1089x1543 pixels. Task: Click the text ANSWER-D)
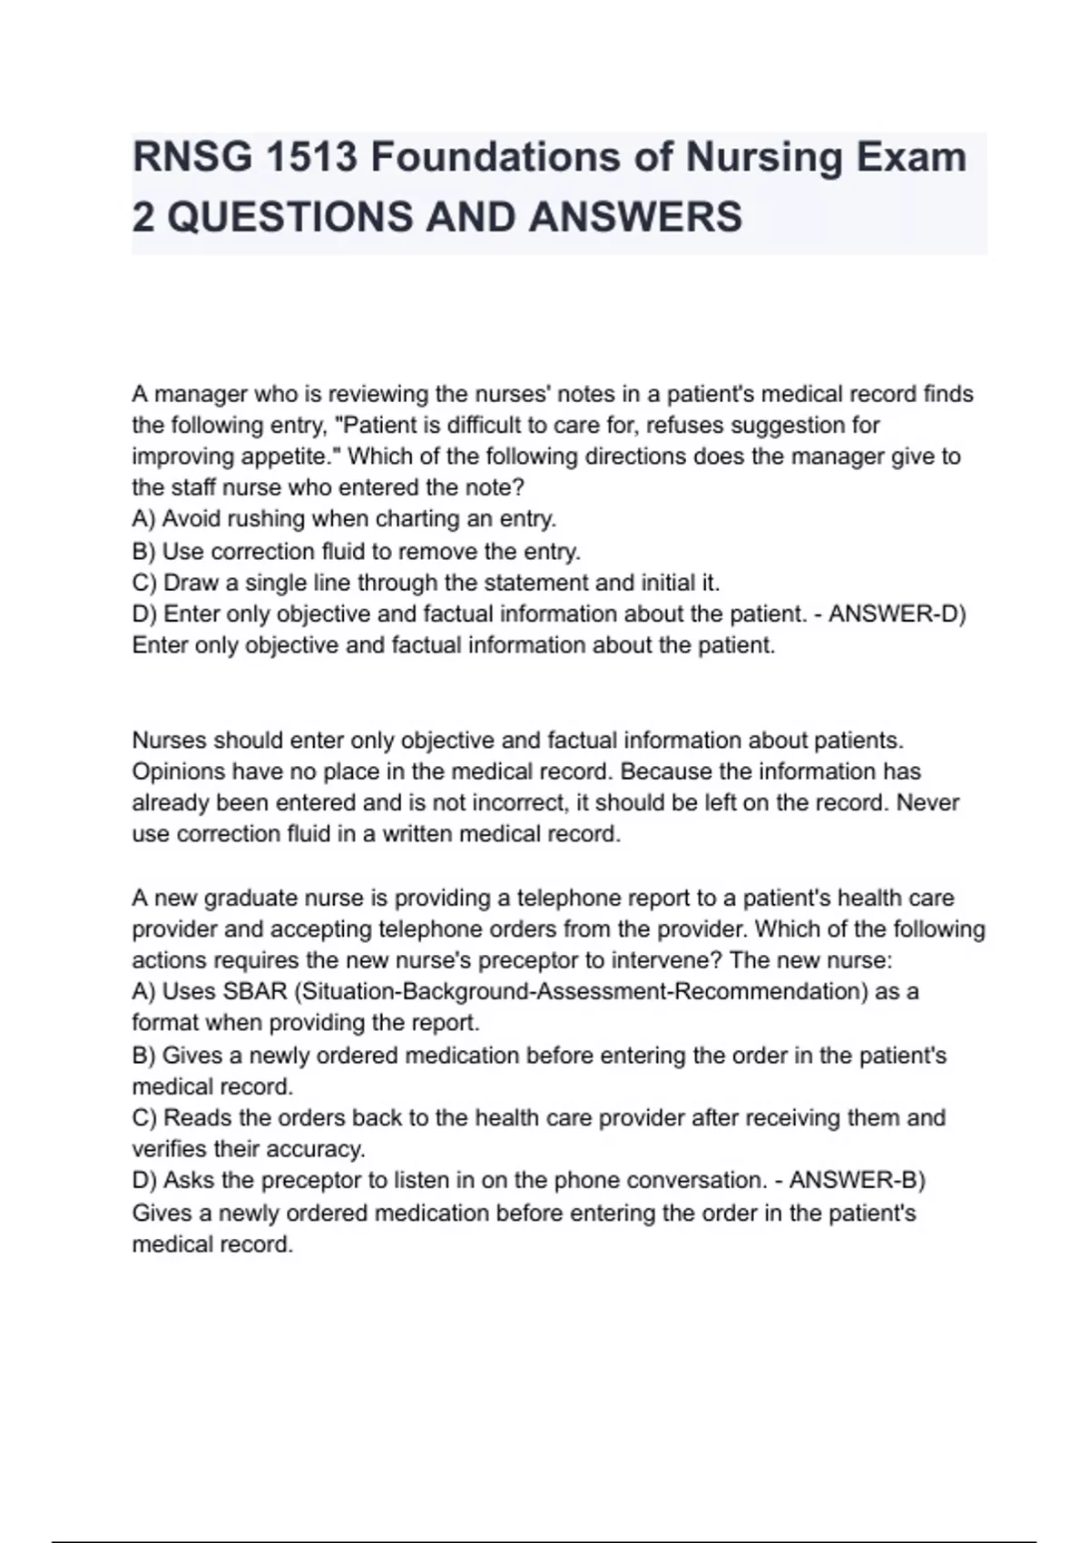pos(898,614)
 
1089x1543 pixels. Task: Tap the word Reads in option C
pos(192,1118)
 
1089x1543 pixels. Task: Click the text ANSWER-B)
pos(857,1181)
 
